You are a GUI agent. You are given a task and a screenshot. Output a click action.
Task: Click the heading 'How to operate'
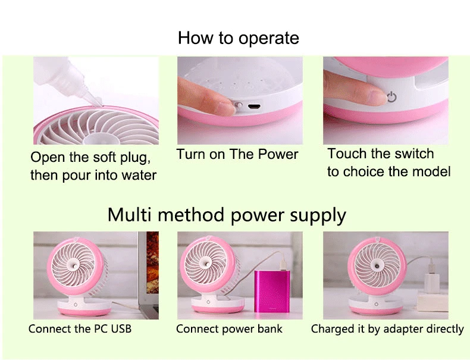click(239, 38)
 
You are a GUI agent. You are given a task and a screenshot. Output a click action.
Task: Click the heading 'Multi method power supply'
click(227, 215)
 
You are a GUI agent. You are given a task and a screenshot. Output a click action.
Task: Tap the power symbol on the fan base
click(392, 97)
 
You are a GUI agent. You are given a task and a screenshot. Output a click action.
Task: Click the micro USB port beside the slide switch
click(254, 107)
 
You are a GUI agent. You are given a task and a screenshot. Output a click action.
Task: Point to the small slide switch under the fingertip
click(239, 105)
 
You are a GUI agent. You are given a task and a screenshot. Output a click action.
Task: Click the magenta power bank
click(272, 292)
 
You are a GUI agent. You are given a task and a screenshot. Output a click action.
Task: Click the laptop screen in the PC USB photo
click(152, 262)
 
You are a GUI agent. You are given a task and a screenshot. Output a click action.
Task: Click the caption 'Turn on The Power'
click(237, 154)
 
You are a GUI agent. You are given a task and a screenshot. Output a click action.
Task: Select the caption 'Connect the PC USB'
click(80, 329)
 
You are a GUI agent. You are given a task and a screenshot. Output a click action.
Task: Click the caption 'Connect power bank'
click(229, 329)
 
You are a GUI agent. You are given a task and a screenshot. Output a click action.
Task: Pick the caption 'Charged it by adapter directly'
click(387, 329)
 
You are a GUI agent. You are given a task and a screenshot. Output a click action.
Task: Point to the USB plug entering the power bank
click(283, 264)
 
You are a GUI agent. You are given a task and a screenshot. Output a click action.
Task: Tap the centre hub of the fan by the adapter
click(376, 265)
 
